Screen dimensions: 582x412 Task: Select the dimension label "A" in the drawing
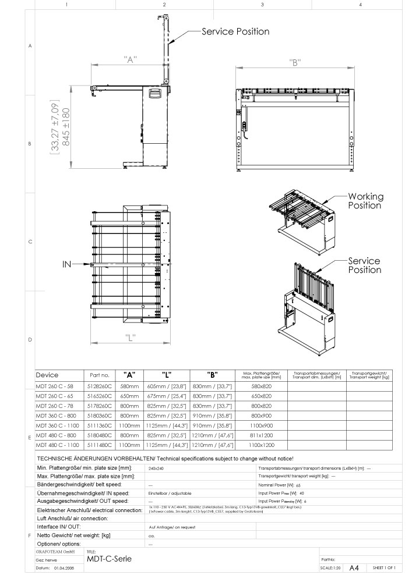tap(130, 59)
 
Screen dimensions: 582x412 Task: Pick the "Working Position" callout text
tap(365, 201)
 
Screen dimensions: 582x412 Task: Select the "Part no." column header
tap(97, 375)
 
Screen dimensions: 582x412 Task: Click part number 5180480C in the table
tap(97, 435)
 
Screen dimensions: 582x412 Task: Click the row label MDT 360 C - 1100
tap(57, 425)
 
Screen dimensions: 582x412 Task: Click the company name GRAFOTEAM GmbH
tap(55, 551)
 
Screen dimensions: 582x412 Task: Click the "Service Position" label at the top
tap(235, 31)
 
